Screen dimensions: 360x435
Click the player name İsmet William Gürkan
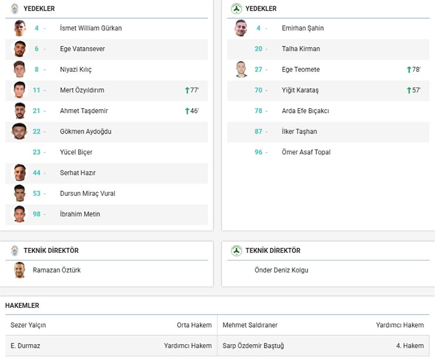91,28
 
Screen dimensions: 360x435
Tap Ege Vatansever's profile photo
20,49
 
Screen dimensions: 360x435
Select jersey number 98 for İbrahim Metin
36,214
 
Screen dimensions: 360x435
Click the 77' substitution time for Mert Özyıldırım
192,90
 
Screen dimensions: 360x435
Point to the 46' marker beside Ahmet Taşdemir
192,111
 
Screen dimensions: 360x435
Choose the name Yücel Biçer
76,152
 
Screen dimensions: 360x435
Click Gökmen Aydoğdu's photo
20,131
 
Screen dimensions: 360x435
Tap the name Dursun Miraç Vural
87,194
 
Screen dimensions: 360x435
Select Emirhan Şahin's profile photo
241,28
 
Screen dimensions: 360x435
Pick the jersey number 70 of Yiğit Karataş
258,90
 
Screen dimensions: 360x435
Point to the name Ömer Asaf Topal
306,152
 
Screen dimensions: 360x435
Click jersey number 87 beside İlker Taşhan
258,132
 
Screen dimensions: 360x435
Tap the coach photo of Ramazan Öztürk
20,270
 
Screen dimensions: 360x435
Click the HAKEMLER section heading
22,306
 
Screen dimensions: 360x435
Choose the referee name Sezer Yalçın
28,325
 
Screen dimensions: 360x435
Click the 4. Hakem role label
410,346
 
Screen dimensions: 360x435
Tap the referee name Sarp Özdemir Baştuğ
253,346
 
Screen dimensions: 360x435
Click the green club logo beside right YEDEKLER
236,9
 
